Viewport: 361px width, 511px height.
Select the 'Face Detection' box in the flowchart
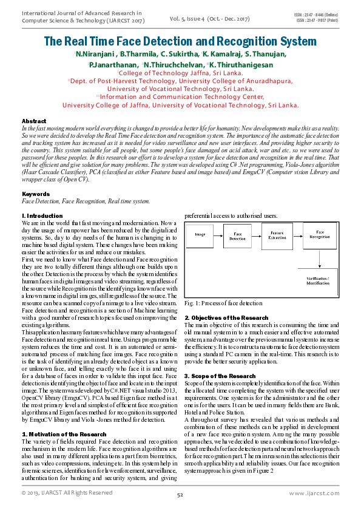(237, 236)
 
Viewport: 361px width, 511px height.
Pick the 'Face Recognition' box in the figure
(319, 235)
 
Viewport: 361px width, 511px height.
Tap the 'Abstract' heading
(33, 121)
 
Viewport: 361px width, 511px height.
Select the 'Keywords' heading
(35, 194)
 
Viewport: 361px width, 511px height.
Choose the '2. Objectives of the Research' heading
(226, 318)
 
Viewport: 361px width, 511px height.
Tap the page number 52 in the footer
(180, 495)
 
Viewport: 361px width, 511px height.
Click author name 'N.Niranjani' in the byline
(95, 55)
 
